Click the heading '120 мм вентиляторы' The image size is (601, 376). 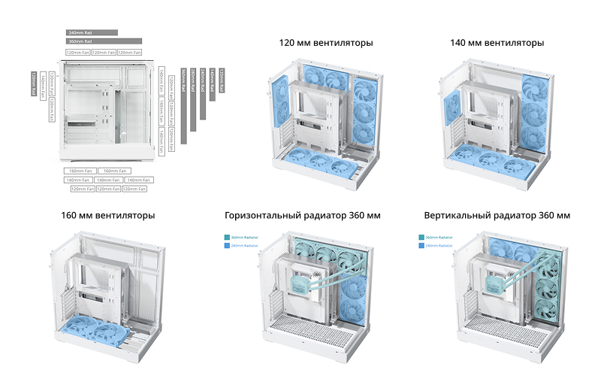click(325, 43)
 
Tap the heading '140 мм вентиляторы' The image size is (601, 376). click(497, 43)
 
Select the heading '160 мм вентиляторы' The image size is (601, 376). click(108, 216)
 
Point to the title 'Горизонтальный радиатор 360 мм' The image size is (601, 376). click(303, 216)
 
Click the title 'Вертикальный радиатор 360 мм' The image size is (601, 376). click(497, 216)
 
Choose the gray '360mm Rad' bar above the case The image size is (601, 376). click(104, 42)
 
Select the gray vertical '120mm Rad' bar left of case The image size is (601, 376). click(34, 83)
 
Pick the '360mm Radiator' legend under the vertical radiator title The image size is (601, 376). click(435, 238)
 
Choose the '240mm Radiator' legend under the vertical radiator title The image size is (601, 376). click(435, 246)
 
